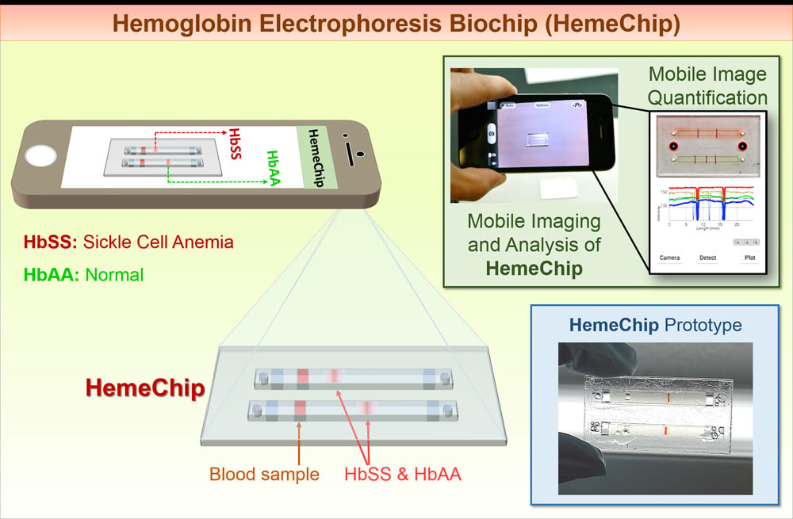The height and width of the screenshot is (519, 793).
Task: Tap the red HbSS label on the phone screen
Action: [236, 143]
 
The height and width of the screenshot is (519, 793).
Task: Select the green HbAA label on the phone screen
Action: [274, 167]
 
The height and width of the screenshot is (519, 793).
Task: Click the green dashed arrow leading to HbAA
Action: [214, 181]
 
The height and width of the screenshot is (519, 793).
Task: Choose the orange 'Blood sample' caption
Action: [264, 475]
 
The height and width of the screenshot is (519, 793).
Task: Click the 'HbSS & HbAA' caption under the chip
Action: [403, 475]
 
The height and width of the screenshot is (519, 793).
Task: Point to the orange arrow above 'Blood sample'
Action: [299, 444]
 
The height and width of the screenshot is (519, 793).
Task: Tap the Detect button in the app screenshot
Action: [707, 258]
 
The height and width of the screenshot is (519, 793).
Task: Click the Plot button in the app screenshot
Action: [749, 258]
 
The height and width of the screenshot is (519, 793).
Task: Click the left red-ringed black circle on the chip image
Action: [672, 147]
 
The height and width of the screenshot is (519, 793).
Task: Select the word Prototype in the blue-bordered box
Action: [702, 325]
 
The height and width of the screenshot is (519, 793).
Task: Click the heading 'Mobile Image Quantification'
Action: [708, 86]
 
